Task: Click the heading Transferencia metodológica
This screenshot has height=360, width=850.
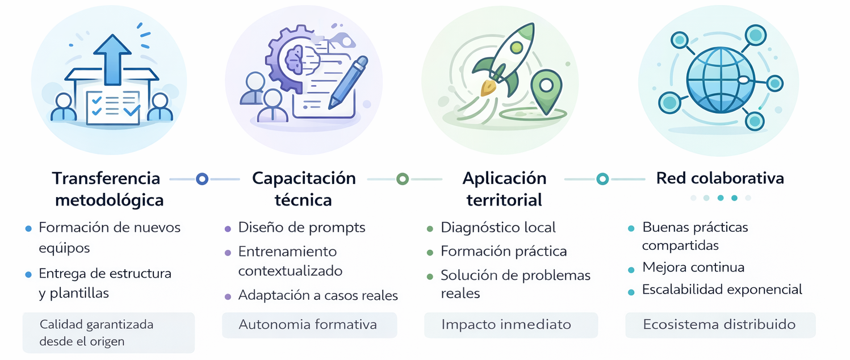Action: pyautogui.click(x=107, y=189)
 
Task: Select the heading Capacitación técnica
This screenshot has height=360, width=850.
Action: pyautogui.click(x=304, y=189)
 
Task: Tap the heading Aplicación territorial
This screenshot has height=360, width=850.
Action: pyautogui.click(x=504, y=189)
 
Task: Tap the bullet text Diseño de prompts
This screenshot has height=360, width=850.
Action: pyautogui.click(x=302, y=228)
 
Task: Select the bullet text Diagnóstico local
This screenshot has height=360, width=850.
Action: pyautogui.click(x=498, y=228)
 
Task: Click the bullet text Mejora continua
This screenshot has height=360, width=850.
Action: pyautogui.click(x=693, y=267)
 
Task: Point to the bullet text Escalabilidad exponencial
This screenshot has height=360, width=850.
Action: pyautogui.click(x=722, y=290)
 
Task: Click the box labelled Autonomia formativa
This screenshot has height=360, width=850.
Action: pyautogui.click(x=309, y=325)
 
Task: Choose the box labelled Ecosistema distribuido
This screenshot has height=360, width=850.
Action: pyautogui.click(x=720, y=325)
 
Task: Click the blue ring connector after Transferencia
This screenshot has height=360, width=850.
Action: pyautogui.click(x=202, y=179)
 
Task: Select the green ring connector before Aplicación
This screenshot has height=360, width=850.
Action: pyautogui.click(x=403, y=179)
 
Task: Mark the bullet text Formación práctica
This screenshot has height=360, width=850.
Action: pyautogui.click(x=503, y=251)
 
